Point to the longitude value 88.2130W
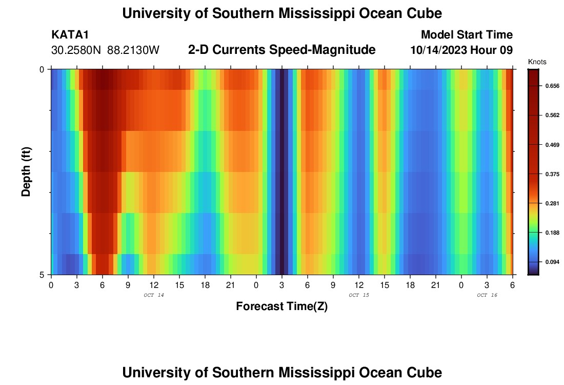134,50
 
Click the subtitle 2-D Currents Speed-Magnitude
282,50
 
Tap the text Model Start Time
466,35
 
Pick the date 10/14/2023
437,50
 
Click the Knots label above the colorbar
537,62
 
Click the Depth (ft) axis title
27,171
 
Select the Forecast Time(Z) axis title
281,306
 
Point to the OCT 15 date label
358,295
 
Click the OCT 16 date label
487,295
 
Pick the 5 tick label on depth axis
43,274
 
